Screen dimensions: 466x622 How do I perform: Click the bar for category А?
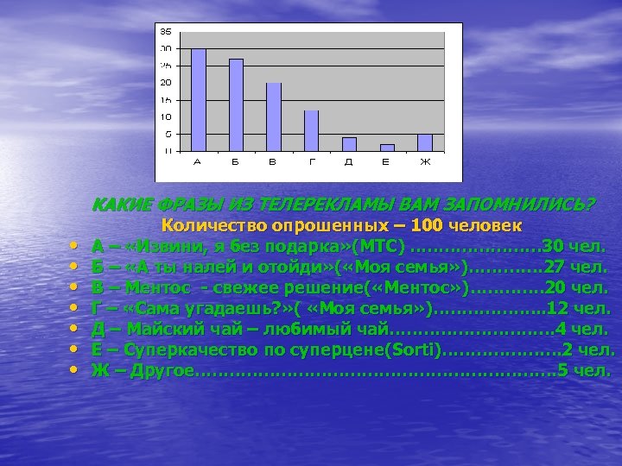click(198, 99)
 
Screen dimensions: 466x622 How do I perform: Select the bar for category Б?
click(236, 104)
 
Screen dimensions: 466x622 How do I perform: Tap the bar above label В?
click(274, 116)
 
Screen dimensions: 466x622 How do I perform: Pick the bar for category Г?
click(311, 130)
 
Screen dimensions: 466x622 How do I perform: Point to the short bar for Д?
click(349, 144)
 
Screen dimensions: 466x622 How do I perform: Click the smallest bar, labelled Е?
click(387, 148)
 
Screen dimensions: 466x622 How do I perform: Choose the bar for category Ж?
click(424, 142)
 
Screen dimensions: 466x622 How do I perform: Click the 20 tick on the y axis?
click(165, 82)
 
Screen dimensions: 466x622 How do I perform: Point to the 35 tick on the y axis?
click(165, 31)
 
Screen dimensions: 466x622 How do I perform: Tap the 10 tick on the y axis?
click(165, 116)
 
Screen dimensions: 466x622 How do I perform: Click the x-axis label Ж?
click(425, 161)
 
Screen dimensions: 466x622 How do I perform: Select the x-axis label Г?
click(312, 161)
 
